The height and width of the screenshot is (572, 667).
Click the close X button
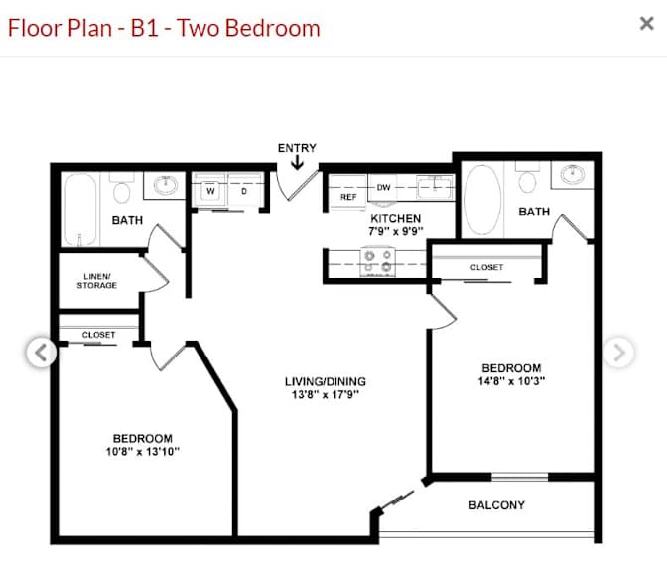coord(646,23)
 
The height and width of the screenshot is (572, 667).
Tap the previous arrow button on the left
coord(41,353)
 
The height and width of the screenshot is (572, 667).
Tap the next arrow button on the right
coord(619,353)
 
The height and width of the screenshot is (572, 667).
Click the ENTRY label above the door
coord(297,148)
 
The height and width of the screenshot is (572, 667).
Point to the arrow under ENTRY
coord(297,162)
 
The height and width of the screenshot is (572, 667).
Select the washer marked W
coord(210,191)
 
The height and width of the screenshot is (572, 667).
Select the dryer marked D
coord(244,191)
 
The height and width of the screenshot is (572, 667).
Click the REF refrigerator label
coord(348,197)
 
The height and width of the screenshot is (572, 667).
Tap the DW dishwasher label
coord(384,187)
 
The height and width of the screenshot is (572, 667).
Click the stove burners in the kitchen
coord(378,261)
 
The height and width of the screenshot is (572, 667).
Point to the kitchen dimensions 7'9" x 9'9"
coord(396,231)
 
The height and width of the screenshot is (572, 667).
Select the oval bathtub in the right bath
coord(482,200)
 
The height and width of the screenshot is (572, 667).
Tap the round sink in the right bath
coord(572,174)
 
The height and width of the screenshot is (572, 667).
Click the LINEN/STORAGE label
coord(97,281)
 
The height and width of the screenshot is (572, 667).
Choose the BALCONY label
coord(497,505)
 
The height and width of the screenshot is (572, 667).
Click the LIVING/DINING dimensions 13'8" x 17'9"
coord(326,394)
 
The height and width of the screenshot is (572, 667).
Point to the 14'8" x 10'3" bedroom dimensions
coord(511,381)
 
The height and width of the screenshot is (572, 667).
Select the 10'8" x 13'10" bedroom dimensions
coord(143,451)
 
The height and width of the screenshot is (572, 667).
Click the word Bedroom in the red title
coord(272,28)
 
